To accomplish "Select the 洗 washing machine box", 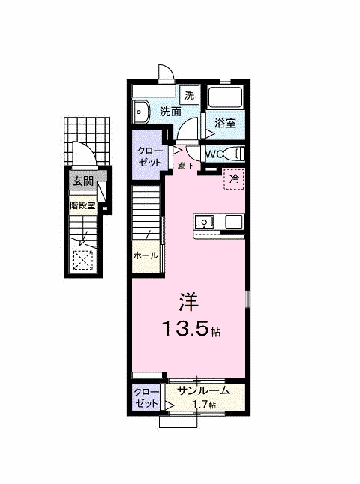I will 190,95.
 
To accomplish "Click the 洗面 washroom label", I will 170,112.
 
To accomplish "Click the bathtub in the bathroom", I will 225,98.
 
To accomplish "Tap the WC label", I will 214,154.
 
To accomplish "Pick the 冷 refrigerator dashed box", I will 234,179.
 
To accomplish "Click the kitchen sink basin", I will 204,221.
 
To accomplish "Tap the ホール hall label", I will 145,255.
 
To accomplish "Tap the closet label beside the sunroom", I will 145,396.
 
